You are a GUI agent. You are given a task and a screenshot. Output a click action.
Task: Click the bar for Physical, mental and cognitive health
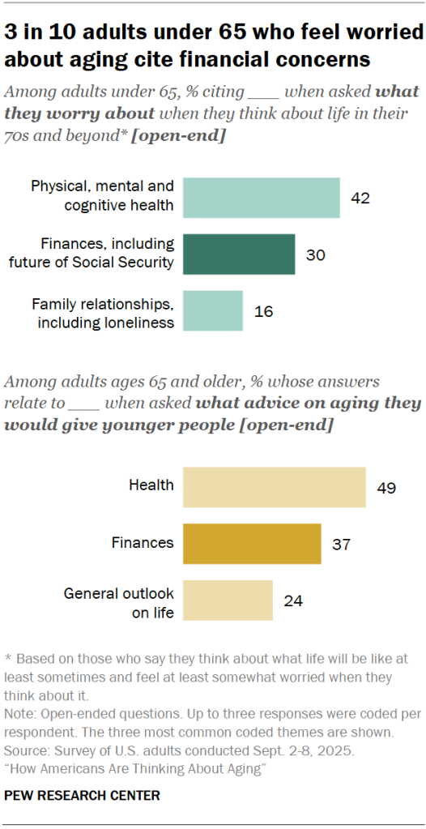pyautogui.click(x=261, y=198)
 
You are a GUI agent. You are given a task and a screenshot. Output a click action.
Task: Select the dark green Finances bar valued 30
pyautogui.click(x=239, y=254)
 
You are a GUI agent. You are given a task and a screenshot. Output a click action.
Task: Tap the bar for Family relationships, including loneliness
pyautogui.click(x=213, y=311)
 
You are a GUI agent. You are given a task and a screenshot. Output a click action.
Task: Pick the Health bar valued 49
pyautogui.click(x=274, y=486)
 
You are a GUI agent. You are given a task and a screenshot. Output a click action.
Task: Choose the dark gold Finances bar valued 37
pyautogui.click(x=252, y=543)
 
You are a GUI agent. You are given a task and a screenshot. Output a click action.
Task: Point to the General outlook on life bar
pyautogui.click(x=228, y=600)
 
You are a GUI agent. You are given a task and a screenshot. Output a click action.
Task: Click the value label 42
pyautogui.click(x=360, y=198)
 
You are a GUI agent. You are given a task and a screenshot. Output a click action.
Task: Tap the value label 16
pyautogui.click(x=263, y=311)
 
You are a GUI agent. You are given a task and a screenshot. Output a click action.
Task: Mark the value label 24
pyautogui.click(x=293, y=600)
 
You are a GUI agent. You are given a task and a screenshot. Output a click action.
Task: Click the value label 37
pyautogui.click(x=341, y=543)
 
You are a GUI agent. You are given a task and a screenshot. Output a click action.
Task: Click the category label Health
pyautogui.click(x=151, y=485)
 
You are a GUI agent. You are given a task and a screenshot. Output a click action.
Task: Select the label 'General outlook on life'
pyautogui.click(x=119, y=603)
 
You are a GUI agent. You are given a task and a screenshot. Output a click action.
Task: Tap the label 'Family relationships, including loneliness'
pyautogui.click(x=103, y=313)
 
